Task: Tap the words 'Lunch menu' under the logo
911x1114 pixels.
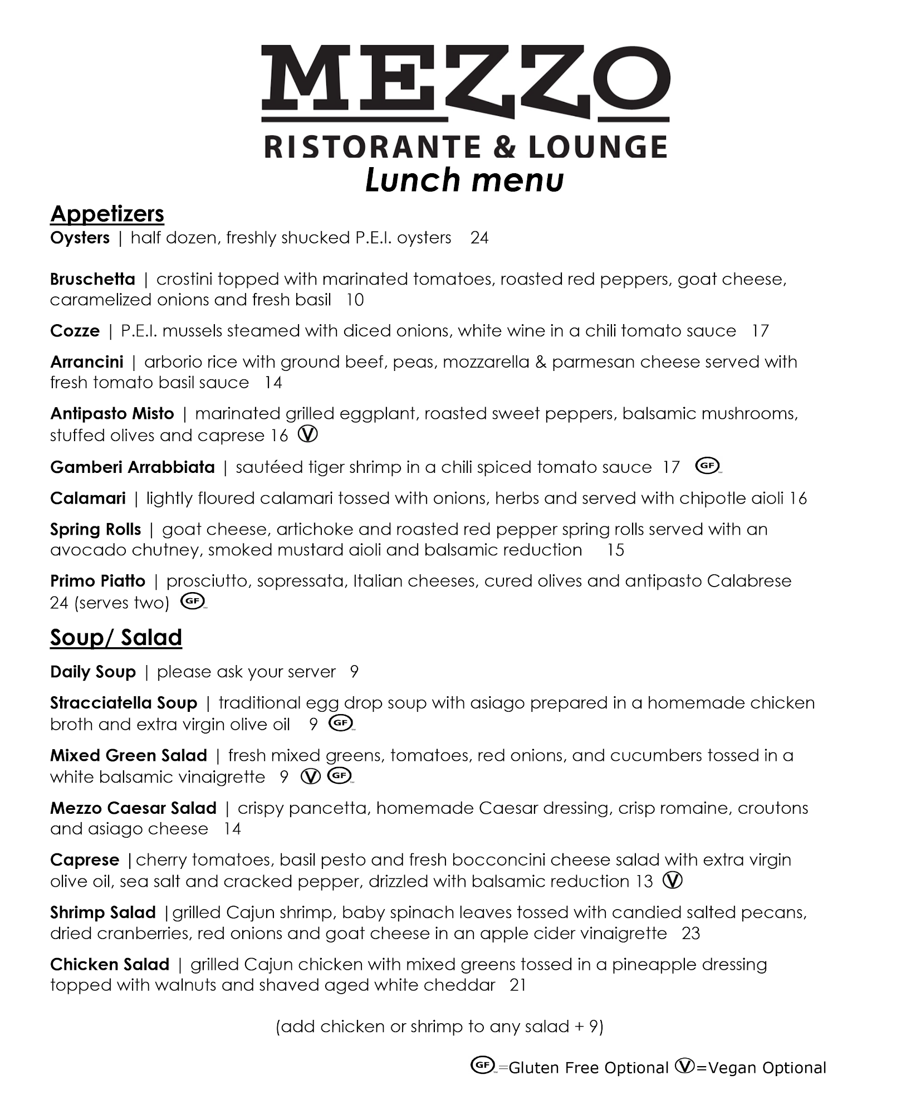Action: (464, 180)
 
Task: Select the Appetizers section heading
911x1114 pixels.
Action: (107, 214)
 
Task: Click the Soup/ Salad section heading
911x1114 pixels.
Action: (116, 638)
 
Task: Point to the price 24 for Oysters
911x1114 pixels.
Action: (479, 238)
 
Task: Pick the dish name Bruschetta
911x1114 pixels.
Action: (92, 279)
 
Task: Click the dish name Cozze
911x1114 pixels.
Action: (75, 331)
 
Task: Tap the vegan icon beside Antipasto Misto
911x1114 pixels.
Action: (308, 434)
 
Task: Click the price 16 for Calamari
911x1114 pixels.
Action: (797, 498)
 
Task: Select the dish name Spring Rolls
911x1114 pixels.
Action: (95, 529)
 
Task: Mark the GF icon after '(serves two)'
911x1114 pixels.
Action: (193, 602)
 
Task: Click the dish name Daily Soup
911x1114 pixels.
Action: (93, 672)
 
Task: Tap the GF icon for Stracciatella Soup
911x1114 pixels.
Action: (341, 723)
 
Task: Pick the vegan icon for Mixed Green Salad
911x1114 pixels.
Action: (311, 776)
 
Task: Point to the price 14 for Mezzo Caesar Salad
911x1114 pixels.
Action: (232, 829)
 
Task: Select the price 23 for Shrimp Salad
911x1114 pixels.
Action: (690, 933)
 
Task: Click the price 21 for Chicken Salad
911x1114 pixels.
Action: (518, 985)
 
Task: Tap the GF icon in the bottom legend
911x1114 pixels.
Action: (482, 1066)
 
